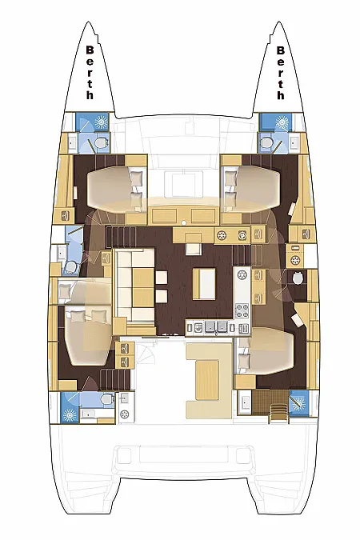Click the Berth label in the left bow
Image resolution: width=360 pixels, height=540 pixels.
pos(90,73)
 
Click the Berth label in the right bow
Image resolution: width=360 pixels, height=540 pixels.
pos(281,73)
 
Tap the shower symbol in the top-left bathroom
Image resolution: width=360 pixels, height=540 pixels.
pos(101,122)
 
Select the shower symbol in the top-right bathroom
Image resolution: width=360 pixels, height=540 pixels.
pos(282,122)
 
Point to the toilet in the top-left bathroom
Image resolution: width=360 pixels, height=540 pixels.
pos(100,143)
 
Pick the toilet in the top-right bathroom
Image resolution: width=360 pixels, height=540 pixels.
pos(266,142)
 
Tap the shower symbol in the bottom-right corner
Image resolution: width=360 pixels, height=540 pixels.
pos(298,404)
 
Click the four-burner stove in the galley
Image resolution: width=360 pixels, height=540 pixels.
pos(242,310)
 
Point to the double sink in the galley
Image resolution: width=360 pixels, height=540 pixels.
pos(217,327)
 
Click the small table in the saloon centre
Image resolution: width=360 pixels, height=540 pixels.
pos(204,284)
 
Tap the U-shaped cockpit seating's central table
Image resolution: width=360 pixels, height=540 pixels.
pos(207,380)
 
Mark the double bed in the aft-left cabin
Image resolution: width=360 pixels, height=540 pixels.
pos(87,335)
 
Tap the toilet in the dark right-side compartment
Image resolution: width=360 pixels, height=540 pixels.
pos(298,277)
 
